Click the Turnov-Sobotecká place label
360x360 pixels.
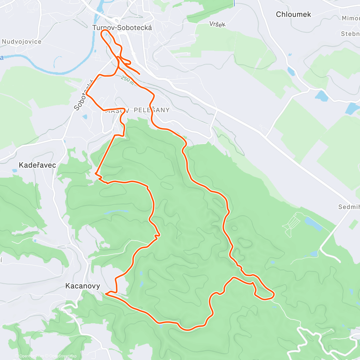coord(122,28)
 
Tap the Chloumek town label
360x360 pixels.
coord(293,14)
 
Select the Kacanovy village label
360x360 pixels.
coord(82,286)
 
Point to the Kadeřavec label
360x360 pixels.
coord(37,165)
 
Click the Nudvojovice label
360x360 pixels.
coord(22,42)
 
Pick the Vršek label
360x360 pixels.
coord(217,24)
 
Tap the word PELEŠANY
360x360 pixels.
coord(151,110)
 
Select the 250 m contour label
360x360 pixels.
coord(127,80)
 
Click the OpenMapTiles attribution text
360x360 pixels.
coord(31,356)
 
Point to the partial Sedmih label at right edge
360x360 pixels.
coord(349,207)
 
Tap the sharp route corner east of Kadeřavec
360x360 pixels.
coord(96,173)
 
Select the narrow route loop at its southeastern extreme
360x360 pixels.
coord(271,296)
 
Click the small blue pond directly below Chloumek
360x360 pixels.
coord(291,71)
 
